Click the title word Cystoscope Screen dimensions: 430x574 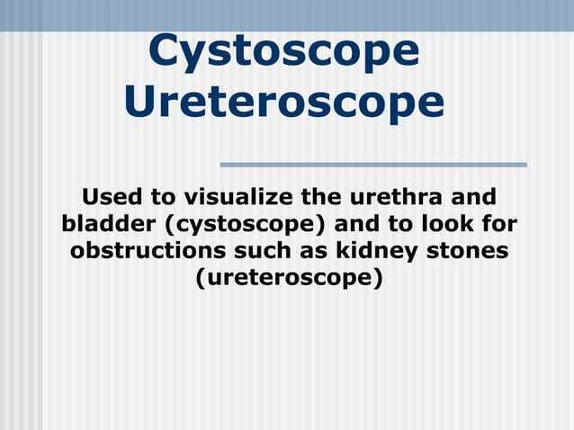pos(283,51)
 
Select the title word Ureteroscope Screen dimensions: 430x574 pos(283,102)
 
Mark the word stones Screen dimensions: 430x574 pos(468,250)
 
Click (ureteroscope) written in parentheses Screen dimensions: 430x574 pos(288,277)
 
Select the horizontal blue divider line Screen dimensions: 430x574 pos(372,165)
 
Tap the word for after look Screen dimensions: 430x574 pos(498,223)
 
